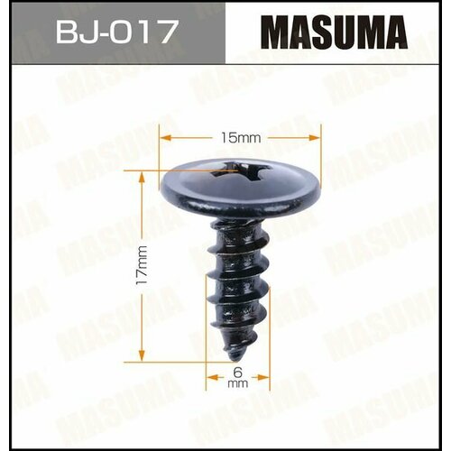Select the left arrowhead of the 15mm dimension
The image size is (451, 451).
pyautogui.click(x=163, y=138)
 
